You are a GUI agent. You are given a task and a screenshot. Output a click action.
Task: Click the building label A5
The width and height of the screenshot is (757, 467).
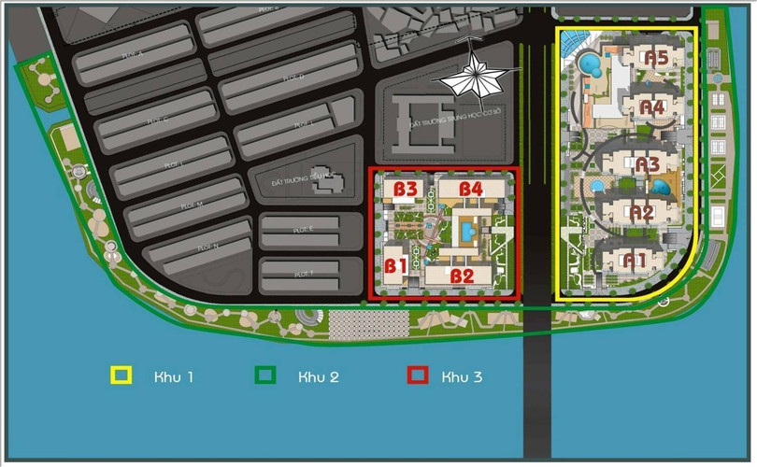click(656, 58)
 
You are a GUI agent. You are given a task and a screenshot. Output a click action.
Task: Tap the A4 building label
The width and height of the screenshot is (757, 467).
click(652, 107)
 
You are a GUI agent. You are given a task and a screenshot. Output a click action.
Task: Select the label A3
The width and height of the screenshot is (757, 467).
click(648, 164)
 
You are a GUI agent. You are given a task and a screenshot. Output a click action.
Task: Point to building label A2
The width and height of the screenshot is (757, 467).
click(641, 212)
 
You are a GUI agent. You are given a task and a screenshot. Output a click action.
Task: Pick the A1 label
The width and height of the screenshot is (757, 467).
click(636, 259)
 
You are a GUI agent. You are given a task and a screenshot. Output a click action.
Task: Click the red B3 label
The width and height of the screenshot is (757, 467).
click(406, 189)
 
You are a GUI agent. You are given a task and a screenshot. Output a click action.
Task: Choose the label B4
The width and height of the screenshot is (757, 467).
click(471, 189)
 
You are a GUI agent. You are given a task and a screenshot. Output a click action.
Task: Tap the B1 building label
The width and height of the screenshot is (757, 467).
click(395, 265)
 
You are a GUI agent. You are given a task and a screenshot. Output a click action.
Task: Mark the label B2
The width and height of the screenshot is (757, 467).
click(462, 276)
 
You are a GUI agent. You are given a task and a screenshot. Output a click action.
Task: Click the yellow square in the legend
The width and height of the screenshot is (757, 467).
click(121, 376)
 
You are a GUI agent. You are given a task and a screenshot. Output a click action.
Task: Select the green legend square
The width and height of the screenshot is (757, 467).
click(265, 376)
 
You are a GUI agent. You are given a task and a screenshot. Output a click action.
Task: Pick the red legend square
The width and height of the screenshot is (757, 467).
click(417, 376)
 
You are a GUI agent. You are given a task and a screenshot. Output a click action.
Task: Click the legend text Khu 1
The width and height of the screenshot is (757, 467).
click(174, 377)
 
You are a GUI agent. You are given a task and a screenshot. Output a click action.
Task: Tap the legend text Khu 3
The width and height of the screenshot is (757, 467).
click(464, 377)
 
